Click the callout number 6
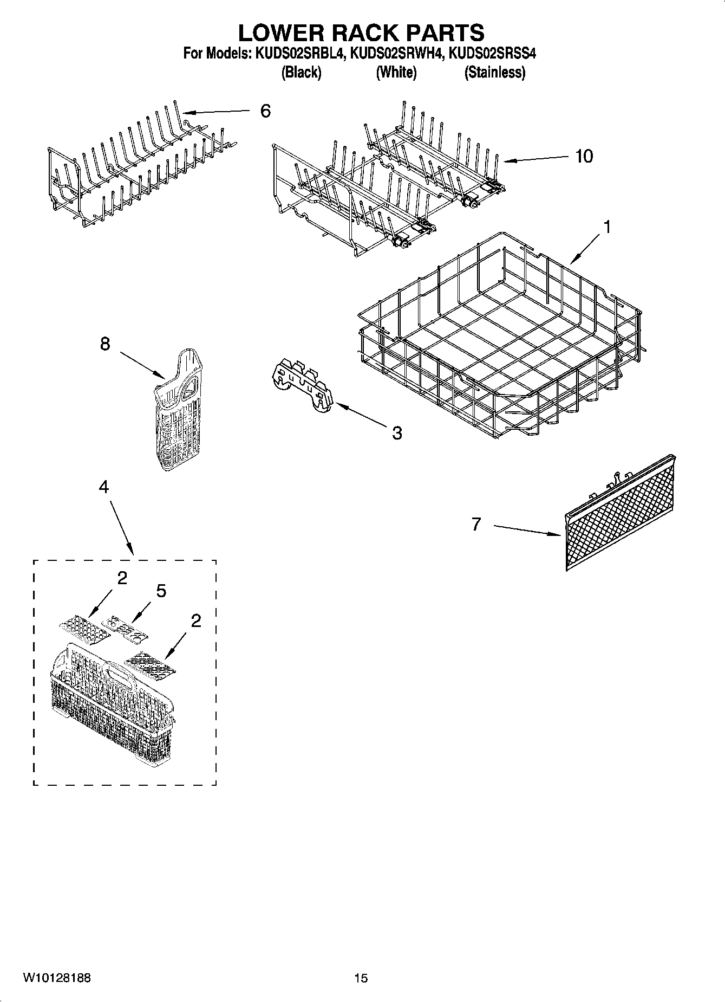point(265,111)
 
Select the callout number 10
point(584,157)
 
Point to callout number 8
point(105,344)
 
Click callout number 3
point(397,433)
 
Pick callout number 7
point(476,524)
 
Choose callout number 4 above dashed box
point(103,487)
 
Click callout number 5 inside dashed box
point(161,591)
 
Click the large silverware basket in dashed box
point(111,699)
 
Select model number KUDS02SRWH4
point(397,54)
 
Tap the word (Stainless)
point(494,72)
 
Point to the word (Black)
point(301,72)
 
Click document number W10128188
point(57,978)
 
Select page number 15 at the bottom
point(361,978)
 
